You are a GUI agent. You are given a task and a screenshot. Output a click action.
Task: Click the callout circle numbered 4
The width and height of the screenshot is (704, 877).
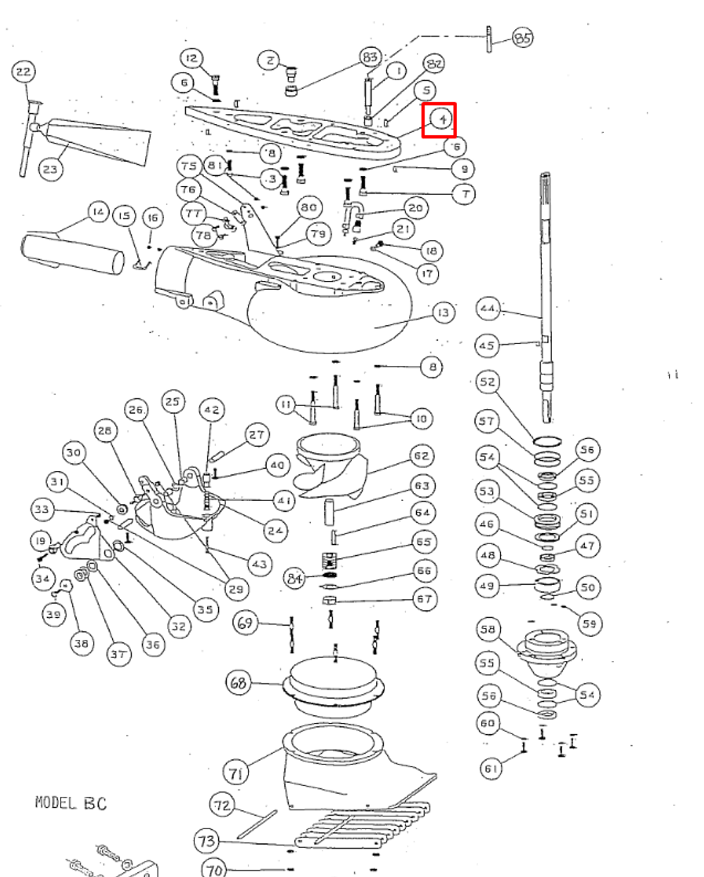[442, 119]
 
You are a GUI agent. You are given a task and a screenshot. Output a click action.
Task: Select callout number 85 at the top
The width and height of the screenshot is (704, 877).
[522, 37]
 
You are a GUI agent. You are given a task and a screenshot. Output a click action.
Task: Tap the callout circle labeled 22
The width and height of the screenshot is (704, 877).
[24, 72]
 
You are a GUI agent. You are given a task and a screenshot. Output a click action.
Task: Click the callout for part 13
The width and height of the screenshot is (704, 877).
[444, 312]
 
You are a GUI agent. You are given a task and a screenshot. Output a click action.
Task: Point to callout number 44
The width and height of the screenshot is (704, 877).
[488, 308]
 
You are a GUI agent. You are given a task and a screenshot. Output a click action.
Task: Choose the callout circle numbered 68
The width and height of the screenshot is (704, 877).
[239, 682]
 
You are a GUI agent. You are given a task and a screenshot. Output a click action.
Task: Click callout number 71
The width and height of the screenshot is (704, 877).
[236, 773]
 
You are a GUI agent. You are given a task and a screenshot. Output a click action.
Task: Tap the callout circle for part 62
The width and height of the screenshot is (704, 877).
[422, 456]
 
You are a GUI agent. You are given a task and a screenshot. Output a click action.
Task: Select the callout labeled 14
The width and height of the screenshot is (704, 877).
[99, 212]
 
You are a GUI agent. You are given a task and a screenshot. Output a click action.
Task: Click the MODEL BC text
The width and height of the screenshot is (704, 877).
[71, 802]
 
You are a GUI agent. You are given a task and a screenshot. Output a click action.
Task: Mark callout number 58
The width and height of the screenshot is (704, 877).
[488, 629]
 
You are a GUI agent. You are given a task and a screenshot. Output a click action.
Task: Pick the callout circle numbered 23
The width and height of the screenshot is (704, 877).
[51, 170]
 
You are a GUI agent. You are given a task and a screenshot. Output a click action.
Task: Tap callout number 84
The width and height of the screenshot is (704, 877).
[295, 579]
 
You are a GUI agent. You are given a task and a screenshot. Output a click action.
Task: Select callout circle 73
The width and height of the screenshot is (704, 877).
[207, 840]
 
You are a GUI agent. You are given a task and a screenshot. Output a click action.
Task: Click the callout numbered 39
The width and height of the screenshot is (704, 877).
[53, 614]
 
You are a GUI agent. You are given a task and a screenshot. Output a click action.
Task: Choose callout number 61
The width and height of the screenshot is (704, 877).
[491, 768]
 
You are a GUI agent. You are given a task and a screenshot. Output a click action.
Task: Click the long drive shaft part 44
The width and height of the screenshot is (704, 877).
[546, 282]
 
